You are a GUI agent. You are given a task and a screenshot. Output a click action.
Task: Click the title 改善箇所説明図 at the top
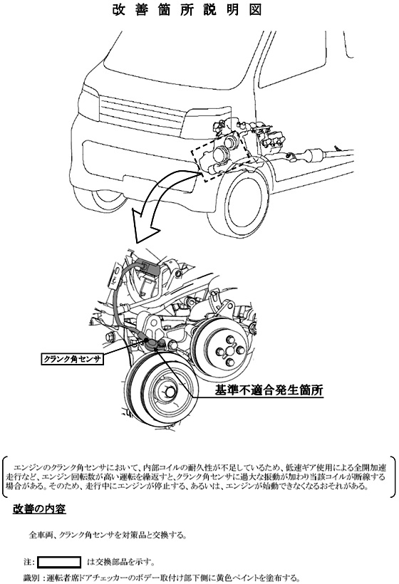187,10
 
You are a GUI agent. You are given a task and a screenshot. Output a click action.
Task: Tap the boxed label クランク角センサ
71,360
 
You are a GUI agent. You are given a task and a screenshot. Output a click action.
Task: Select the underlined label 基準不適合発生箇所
269,390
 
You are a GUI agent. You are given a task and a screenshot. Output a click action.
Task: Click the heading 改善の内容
39,509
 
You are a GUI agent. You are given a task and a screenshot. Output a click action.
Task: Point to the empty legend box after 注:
59,562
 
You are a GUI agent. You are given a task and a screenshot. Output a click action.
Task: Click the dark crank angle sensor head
152,343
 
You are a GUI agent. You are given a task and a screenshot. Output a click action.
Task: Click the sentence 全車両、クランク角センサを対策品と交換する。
108,535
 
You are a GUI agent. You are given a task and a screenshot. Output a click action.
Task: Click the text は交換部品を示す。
120,562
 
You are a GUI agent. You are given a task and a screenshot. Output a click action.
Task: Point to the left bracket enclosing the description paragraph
5,477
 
